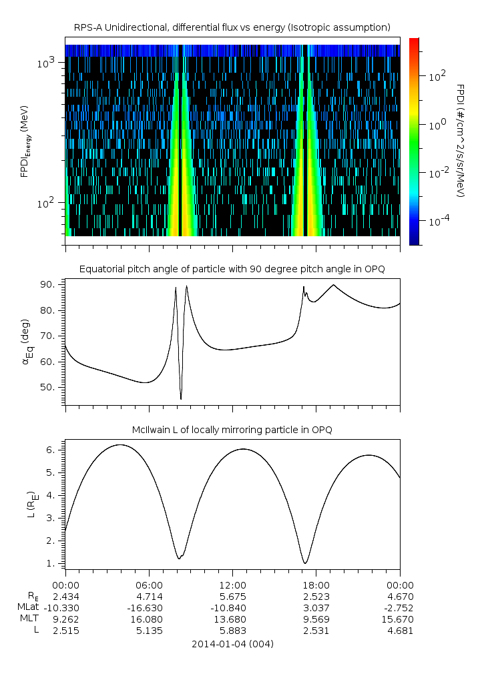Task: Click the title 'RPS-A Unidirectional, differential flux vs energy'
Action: [x=232, y=27]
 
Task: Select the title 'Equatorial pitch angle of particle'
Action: [x=232, y=269]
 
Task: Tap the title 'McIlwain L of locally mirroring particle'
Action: [x=232, y=430]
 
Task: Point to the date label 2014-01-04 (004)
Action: [x=232, y=644]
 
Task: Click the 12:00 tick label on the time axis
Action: [x=232, y=585]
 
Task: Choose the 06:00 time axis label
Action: [x=149, y=585]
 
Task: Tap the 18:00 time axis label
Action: [x=316, y=585]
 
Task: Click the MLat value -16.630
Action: [x=149, y=608]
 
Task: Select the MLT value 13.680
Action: [x=232, y=619]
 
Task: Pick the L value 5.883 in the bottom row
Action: [x=232, y=631]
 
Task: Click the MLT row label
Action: [x=29, y=619]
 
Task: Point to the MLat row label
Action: [x=30, y=608]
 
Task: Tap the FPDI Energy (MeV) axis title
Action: [x=25, y=141]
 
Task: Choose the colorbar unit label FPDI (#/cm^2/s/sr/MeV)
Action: [x=460, y=141]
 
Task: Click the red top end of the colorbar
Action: [x=415, y=41]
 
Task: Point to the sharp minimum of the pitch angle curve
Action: [x=181, y=398]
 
